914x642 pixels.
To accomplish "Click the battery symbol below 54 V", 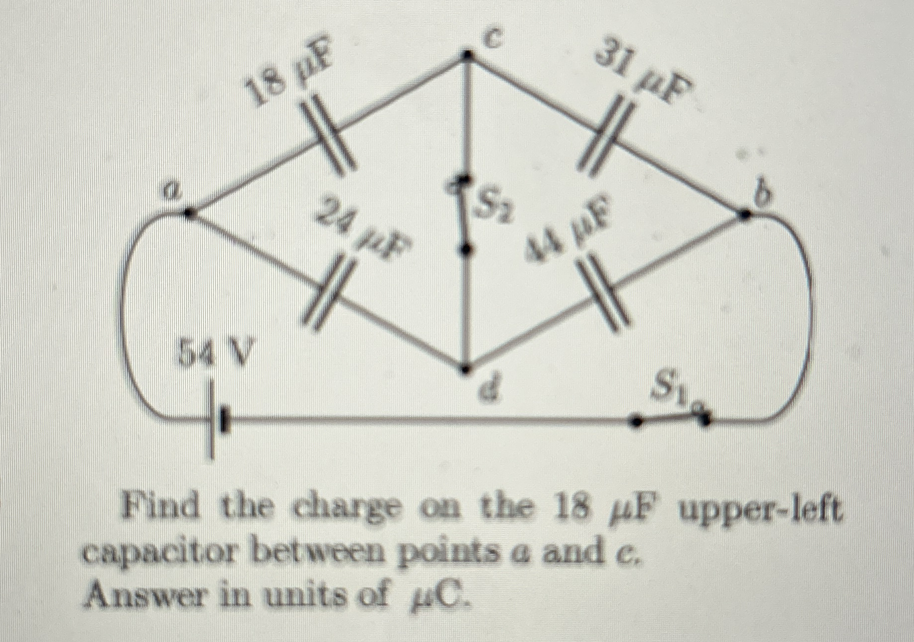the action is point(218,420).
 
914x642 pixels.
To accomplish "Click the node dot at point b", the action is point(744,214).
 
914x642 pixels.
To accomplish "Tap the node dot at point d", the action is point(465,369).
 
